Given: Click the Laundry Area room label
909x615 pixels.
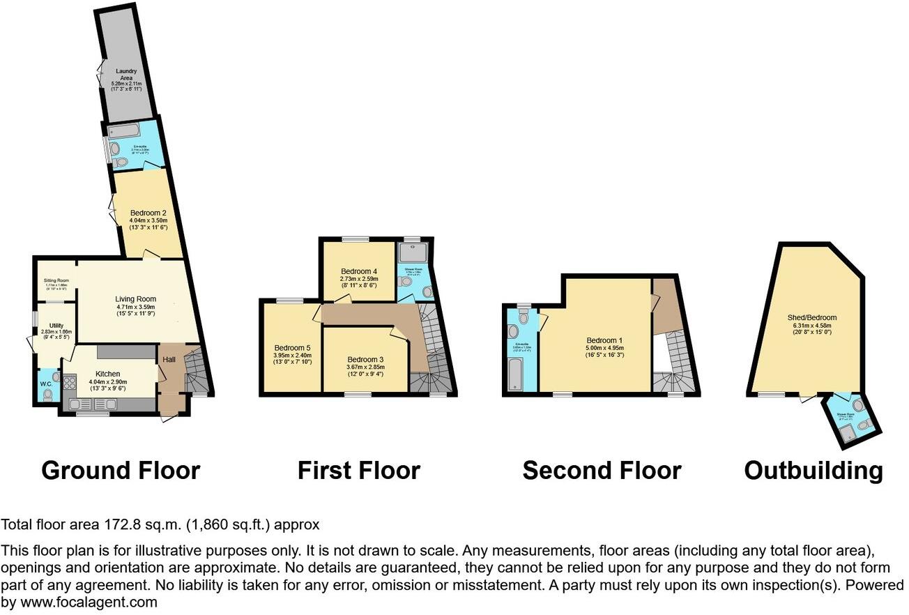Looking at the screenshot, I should (x=126, y=75).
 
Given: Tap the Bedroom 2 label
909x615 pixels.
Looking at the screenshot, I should (x=148, y=212).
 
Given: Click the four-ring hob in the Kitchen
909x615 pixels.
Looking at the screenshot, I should (x=70, y=383).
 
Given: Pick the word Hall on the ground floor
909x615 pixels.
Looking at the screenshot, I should (x=169, y=359).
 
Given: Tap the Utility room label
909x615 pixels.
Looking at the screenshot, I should (x=56, y=326).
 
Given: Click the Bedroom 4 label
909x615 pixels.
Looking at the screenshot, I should (x=359, y=271).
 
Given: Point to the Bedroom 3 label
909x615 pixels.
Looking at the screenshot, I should (x=365, y=360).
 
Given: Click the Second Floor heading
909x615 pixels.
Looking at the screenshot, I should (x=602, y=471).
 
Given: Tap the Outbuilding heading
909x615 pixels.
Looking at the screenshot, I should (x=813, y=471).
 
